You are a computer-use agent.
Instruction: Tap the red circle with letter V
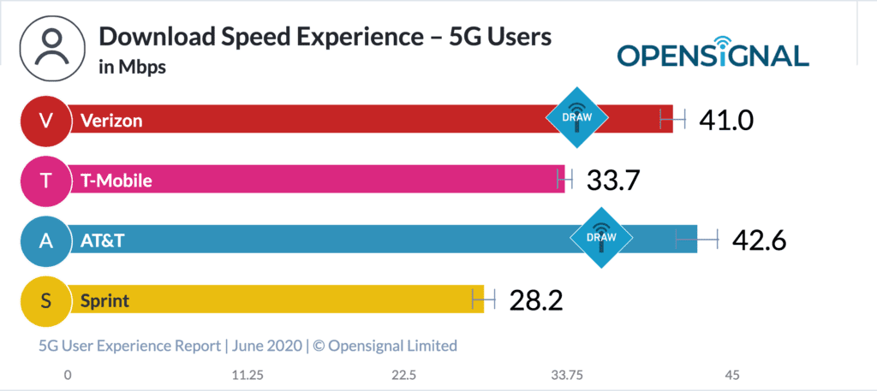(45, 120)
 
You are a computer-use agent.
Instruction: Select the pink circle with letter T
(45, 181)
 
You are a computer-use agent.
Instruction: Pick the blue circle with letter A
(45, 241)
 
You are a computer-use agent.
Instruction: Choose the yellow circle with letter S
(45, 301)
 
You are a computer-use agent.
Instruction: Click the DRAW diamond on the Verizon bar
(578, 118)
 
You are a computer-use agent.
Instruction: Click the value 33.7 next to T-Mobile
(613, 181)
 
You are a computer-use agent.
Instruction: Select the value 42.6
(759, 241)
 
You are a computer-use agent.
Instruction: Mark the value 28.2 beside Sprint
(536, 301)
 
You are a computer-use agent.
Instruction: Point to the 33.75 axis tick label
(566, 375)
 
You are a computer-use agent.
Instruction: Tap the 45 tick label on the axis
(731, 375)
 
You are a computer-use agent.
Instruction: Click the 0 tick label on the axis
(68, 375)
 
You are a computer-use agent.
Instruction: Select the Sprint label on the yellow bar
(104, 301)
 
